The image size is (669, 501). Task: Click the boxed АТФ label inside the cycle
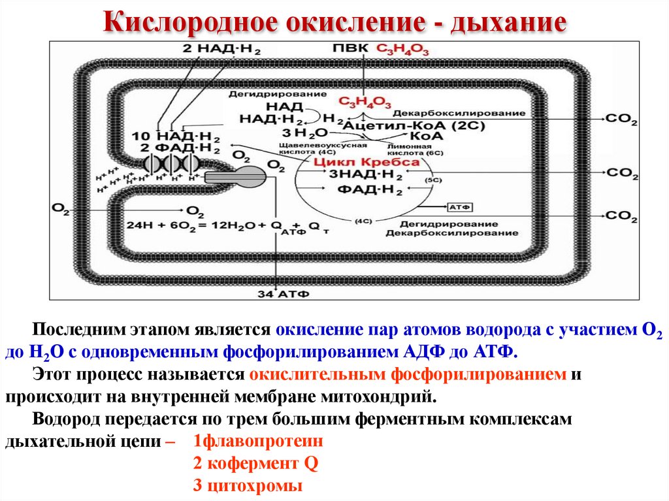(x=456, y=206)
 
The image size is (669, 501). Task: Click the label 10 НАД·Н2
(x=176, y=136)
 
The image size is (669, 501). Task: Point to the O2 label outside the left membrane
(x=60, y=208)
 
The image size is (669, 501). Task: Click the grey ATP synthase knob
(x=249, y=175)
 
